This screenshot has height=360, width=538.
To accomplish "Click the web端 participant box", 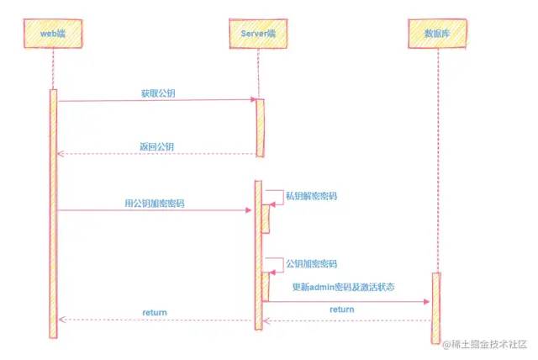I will (53, 34).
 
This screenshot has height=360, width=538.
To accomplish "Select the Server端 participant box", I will (258, 33).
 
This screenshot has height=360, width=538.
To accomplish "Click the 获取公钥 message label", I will (157, 91).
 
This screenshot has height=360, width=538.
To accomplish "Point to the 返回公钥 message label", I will (157, 146).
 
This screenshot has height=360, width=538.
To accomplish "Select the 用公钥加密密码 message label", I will (155, 203).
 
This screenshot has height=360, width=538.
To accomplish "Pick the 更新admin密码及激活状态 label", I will (344, 287).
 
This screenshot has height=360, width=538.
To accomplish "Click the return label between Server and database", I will (341, 310).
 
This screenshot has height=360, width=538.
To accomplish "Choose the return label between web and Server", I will (154, 312).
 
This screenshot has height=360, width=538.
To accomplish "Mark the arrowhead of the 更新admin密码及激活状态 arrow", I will (428, 301).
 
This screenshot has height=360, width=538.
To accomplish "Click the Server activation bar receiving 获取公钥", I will (260, 127).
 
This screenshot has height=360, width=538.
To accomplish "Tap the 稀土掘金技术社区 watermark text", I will (488, 344).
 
